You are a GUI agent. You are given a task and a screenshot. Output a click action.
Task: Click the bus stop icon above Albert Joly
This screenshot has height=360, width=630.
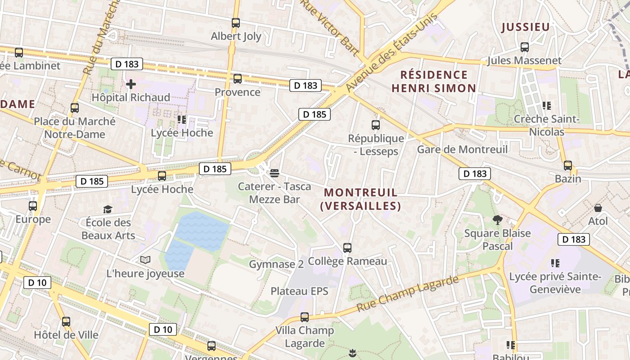(236, 23)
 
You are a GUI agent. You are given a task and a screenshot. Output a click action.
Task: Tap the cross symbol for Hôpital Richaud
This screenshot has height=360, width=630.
(131, 84)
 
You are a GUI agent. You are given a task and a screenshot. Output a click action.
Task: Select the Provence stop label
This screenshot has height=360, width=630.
(237, 92)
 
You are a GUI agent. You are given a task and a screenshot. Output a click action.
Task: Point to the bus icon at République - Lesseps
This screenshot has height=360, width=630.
(376, 125)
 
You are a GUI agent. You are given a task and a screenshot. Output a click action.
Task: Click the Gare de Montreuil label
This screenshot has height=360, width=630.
(462, 149)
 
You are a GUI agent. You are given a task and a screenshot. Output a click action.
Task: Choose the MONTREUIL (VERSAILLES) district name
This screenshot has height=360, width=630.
(360, 199)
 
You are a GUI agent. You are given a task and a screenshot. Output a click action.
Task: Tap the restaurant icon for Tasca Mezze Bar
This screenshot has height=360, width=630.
(274, 173)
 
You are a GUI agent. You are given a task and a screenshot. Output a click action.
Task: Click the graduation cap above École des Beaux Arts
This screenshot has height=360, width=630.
(108, 209)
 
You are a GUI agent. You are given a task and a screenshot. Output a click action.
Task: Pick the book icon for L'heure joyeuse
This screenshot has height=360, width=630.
(145, 260)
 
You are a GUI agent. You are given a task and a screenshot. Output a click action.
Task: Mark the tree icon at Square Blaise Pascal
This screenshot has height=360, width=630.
(497, 220)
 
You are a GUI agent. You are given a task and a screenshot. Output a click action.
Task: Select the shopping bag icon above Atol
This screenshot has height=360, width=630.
(598, 208)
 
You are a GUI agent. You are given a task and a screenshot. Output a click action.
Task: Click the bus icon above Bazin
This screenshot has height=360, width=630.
(568, 166)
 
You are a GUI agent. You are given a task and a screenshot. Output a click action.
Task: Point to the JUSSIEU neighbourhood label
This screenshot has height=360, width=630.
(526, 27)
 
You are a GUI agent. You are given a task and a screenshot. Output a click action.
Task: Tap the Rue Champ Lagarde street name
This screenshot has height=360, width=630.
(407, 294)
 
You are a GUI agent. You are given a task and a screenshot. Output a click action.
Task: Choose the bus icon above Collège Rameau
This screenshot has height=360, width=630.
(347, 248)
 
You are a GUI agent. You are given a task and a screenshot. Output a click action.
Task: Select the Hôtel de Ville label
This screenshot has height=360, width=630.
(66, 335)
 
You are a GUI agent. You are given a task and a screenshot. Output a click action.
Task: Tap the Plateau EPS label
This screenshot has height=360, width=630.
(299, 291)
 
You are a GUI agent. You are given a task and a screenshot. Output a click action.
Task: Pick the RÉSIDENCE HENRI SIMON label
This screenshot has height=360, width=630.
(434, 81)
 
